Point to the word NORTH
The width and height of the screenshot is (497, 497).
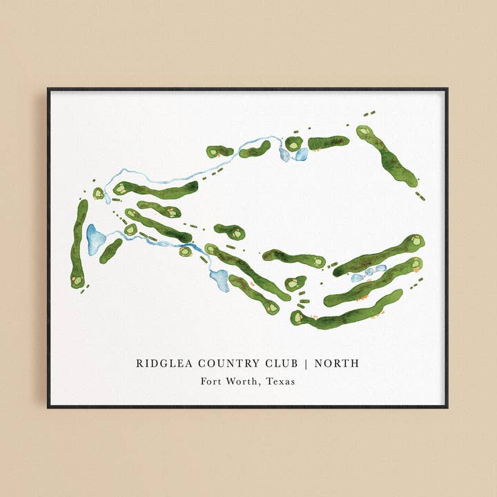pyautogui.click(x=337, y=363)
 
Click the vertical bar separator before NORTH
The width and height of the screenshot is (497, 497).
pyautogui.click(x=307, y=363)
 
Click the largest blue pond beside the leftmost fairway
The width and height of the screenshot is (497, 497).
pyautogui.click(x=95, y=239)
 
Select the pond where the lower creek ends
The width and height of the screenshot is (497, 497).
pyautogui.click(x=220, y=280)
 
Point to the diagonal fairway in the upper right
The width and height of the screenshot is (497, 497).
pyautogui.click(x=389, y=157)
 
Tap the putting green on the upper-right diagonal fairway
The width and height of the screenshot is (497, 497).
pyautogui.click(x=364, y=130)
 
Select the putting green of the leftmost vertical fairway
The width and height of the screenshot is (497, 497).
pyautogui.click(x=77, y=280)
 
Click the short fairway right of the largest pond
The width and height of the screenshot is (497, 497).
pyautogui.click(x=110, y=251)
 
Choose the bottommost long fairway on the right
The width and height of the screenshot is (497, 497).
pyautogui.click(x=349, y=310)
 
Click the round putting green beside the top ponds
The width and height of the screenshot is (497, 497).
pyautogui.click(x=293, y=144)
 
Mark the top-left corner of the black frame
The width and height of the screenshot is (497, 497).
pyautogui.click(x=48, y=89)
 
